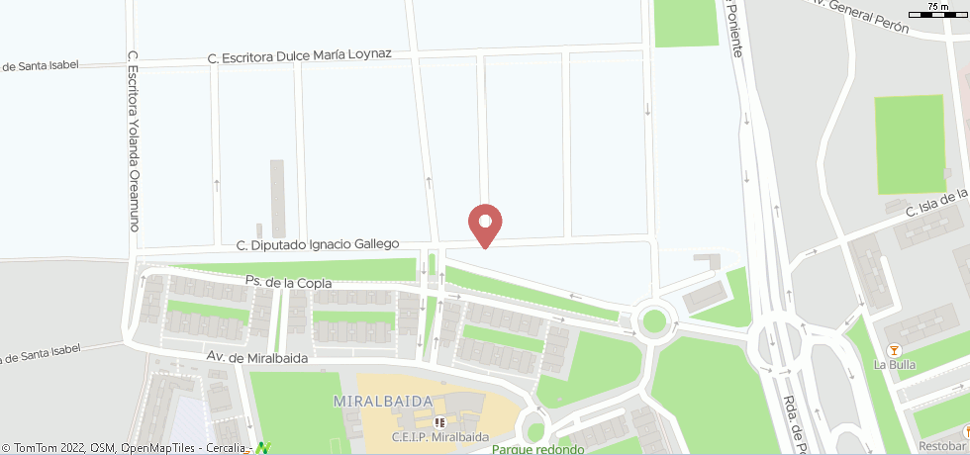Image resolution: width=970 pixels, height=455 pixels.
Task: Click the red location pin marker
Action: [x=485, y=225]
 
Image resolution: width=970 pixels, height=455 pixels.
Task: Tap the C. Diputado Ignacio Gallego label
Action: [x=317, y=243]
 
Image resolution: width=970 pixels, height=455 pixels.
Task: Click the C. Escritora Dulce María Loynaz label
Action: [x=300, y=57]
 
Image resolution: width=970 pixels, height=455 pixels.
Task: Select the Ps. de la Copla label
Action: [x=289, y=284]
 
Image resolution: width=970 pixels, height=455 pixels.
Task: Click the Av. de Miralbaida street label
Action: [x=257, y=357]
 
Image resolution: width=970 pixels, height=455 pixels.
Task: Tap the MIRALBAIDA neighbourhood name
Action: [x=383, y=401]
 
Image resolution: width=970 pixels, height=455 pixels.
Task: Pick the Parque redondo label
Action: [x=537, y=449]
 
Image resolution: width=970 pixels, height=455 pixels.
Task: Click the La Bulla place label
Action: [x=894, y=365]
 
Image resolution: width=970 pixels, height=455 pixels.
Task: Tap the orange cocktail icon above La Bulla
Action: [x=894, y=350]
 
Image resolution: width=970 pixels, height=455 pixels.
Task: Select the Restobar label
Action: [x=940, y=445]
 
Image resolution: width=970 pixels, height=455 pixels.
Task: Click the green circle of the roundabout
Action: [x=652, y=320]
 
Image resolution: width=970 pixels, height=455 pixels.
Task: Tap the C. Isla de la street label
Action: [x=934, y=204]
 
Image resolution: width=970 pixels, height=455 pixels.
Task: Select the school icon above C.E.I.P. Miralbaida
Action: [x=439, y=422]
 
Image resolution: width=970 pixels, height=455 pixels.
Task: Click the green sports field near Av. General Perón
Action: [x=910, y=144]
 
